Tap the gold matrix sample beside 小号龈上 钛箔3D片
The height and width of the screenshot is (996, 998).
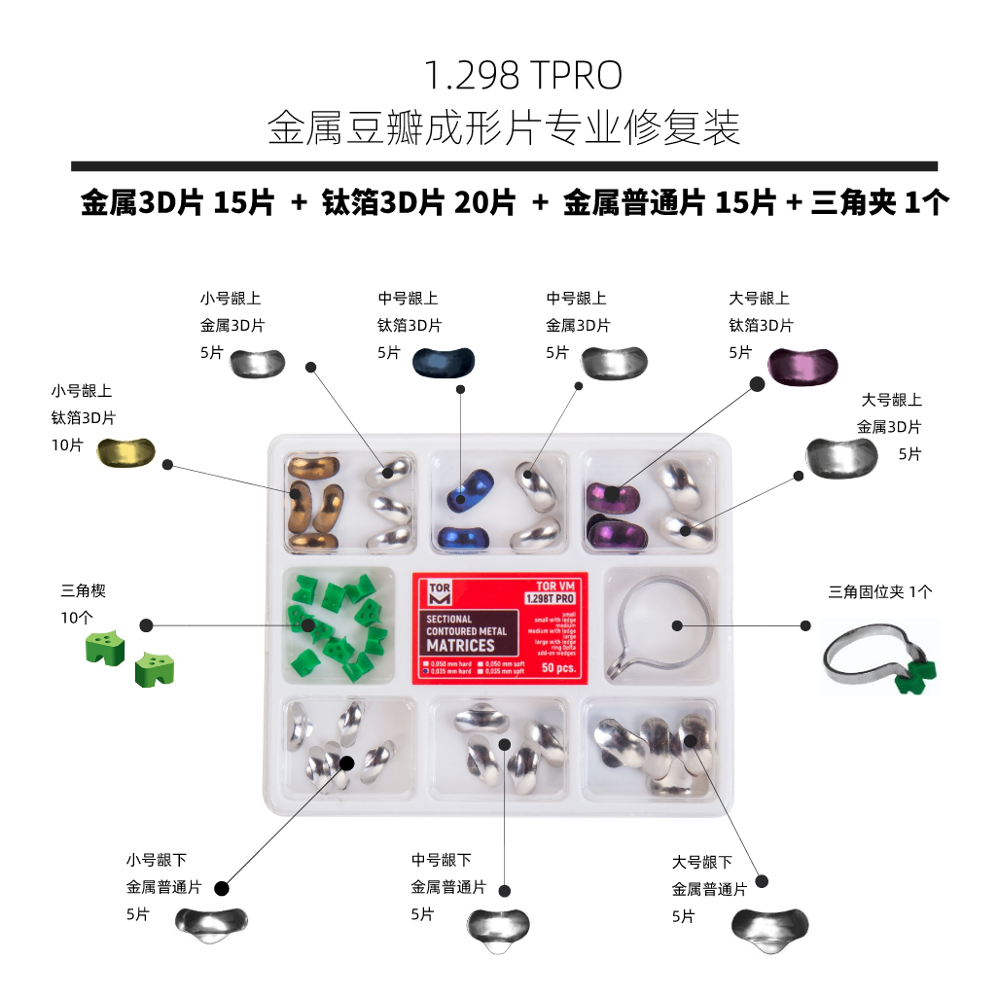tap(126, 454)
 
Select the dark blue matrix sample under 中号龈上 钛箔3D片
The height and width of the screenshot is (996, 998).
tap(444, 362)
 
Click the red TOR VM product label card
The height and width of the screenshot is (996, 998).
tap(500, 627)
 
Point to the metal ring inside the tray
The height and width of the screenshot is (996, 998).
tap(661, 623)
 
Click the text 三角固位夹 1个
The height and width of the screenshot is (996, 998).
tap(880, 591)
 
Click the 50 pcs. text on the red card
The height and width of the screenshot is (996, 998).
tap(558, 669)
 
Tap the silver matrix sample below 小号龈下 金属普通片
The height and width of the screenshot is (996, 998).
tap(211, 923)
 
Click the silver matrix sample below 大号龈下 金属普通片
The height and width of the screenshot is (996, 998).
tap(770, 927)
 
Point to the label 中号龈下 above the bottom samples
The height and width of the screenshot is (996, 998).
tap(441, 860)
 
